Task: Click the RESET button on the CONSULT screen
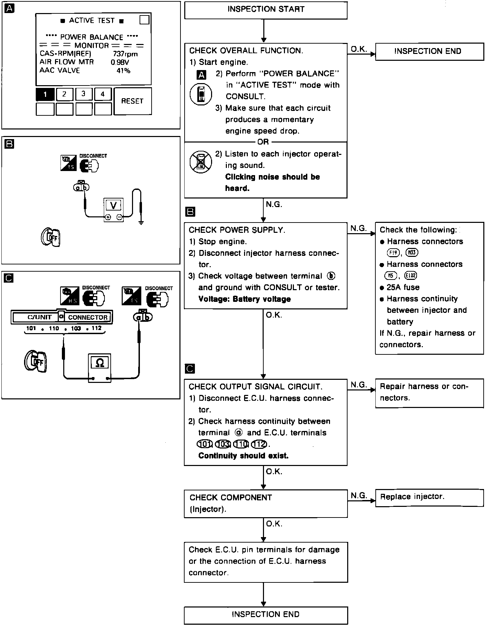click(132, 101)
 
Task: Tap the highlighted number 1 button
click(45, 94)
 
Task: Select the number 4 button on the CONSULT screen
click(102, 94)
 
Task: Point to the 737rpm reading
click(125, 54)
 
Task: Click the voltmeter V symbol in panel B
click(113, 205)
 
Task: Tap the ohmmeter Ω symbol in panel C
click(100, 363)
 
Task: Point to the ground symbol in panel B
click(141, 222)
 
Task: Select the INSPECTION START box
click(266, 10)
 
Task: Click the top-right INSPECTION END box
click(429, 52)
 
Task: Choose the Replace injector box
click(429, 497)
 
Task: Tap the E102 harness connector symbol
click(411, 275)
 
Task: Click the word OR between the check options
click(263, 142)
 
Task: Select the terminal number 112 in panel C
click(96, 328)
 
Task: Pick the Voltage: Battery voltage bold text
click(244, 299)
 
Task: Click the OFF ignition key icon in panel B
click(51, 237)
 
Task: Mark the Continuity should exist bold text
click(243, 456)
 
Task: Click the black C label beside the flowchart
click(190, 369)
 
